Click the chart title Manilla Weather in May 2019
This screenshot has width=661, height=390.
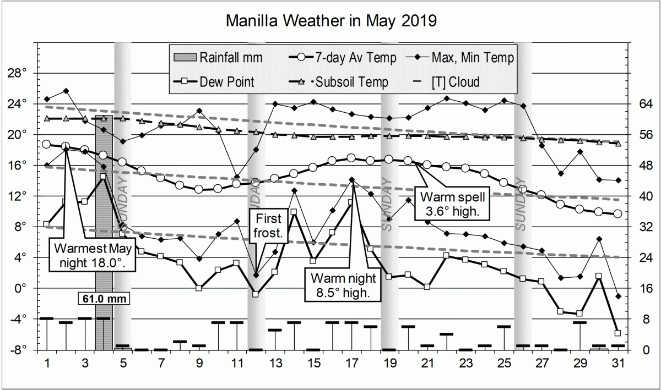[331, 21]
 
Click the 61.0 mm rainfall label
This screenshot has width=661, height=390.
[104, 299]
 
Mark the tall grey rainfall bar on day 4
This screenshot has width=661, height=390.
[104, 231]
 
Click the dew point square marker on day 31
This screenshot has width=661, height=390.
[617, 333]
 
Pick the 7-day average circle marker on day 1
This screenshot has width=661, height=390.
[47, 144]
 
